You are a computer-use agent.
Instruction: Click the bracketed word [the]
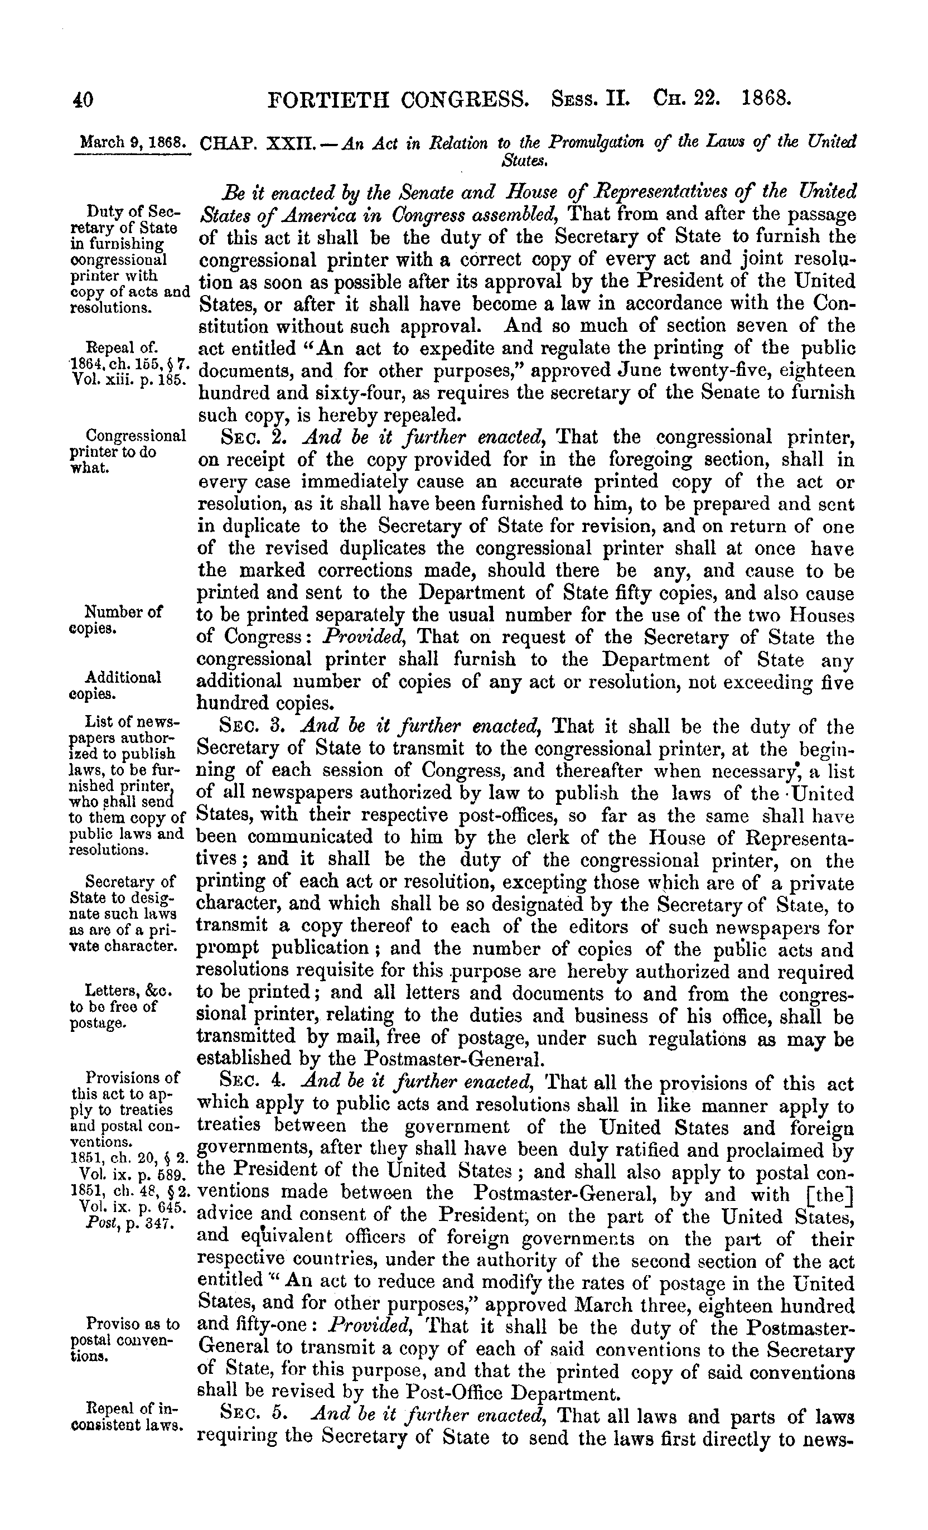pyautogui.click(x=829, y=1194)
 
